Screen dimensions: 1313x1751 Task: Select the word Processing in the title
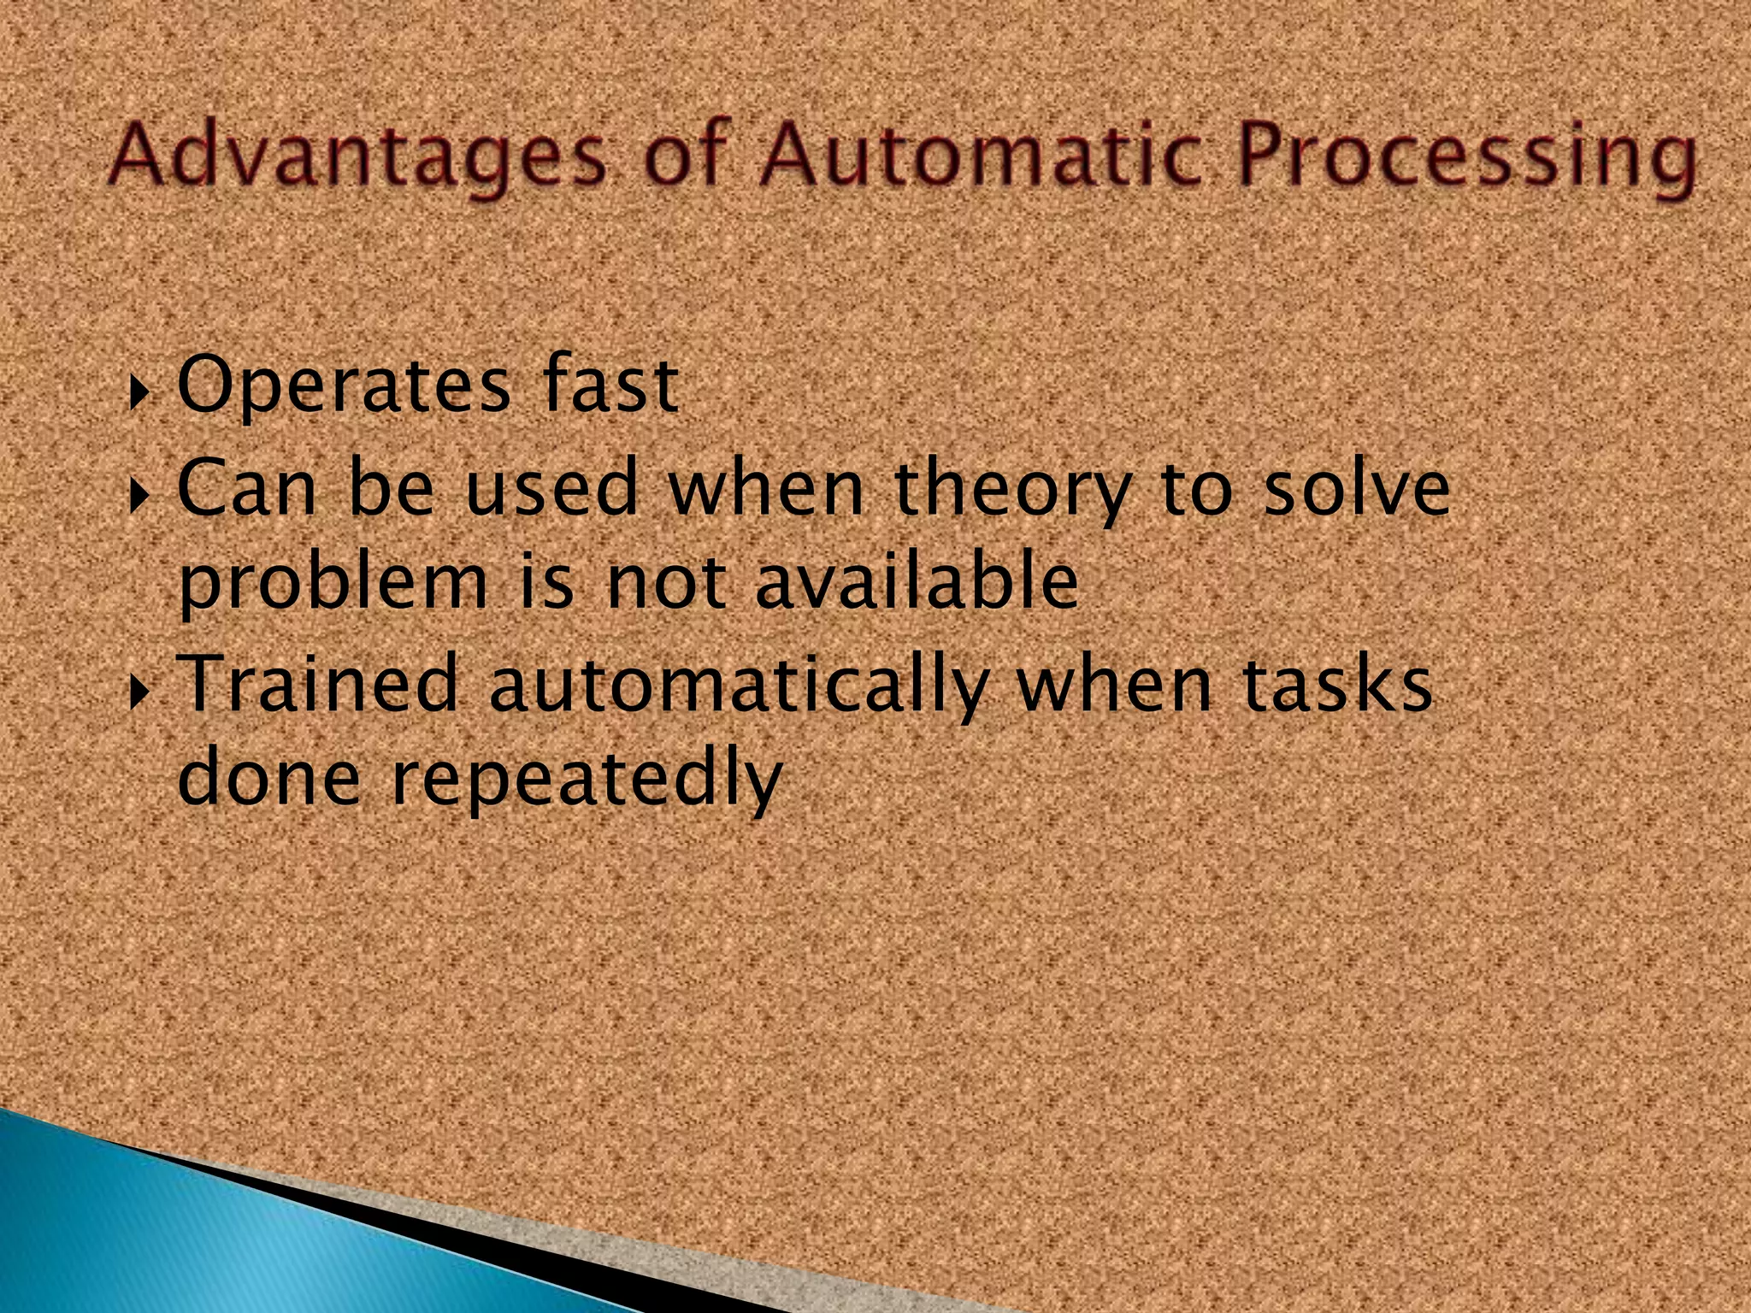(1467, 157)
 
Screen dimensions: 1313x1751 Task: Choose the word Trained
(320, 683)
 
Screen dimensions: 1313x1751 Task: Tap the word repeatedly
(587, 781)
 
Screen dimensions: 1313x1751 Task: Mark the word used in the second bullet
(552, 487)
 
